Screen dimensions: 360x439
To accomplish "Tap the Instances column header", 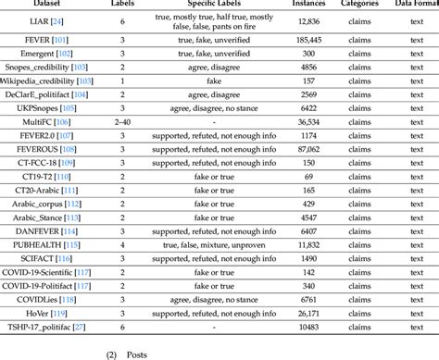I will point(309,5).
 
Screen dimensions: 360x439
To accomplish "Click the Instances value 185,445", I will point(309,43).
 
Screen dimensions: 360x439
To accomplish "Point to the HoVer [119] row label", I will point(45,314).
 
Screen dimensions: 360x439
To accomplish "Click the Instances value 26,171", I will point(309,314).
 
